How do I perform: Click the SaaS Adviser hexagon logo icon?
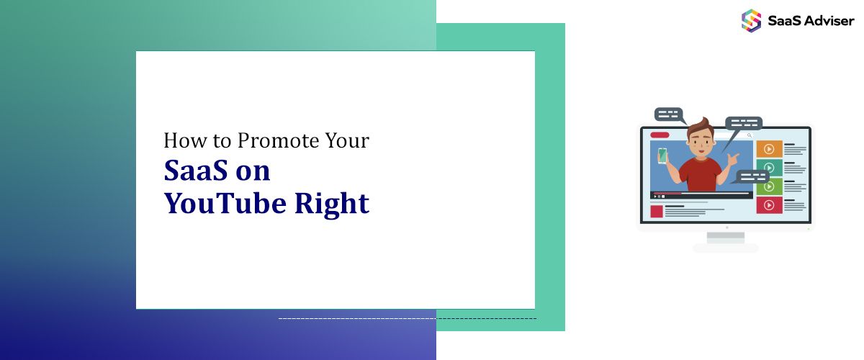[x=751, y=19]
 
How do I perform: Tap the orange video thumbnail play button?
[x=769, y=149]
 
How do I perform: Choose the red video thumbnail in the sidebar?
[x=769, y=205]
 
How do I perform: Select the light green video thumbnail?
[x=769, y=186]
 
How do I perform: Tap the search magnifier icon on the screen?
[x=750, y=135]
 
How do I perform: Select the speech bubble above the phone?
[x=668, y=114]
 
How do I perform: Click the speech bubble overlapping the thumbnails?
[x=753, y=176]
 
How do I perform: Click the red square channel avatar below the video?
[x=656, y=211]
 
